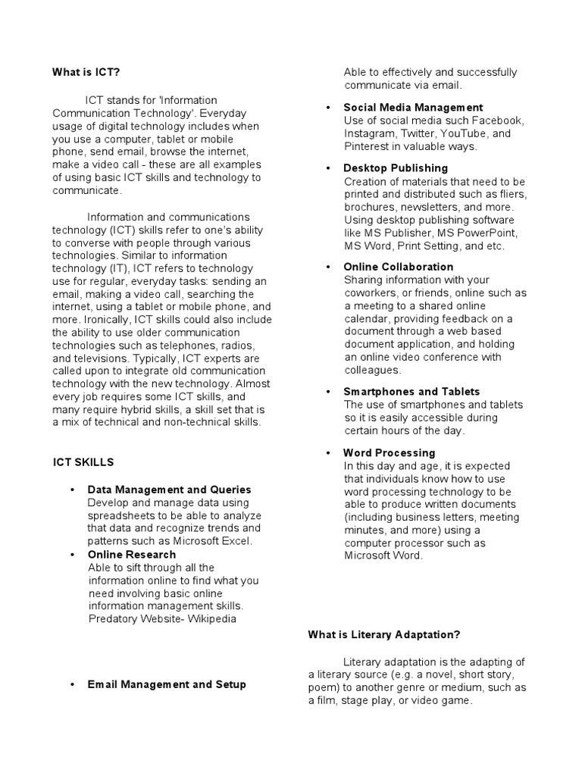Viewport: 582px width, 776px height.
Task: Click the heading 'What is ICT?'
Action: tap(86, 72)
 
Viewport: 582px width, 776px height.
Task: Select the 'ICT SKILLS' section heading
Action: tap(83, 462)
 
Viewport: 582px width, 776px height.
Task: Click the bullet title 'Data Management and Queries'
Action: tap(169, 490)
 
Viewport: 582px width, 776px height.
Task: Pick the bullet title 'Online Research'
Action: tap(131, 554)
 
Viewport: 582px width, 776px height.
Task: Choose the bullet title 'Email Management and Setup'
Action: tap(167, 684)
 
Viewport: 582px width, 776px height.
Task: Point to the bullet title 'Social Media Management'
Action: tap(413, 108)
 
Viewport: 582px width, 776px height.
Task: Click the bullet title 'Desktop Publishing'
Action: tap(396, 167)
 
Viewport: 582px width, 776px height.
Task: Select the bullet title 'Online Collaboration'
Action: tap(399, 267)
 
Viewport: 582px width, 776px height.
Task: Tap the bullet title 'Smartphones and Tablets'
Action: tap(411, 392)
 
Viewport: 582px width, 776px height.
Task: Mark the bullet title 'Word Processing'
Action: tap(390, 452)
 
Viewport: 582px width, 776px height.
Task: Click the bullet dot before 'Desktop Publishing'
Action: tap(327, 168)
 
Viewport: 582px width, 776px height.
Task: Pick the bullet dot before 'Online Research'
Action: tap(71, 555)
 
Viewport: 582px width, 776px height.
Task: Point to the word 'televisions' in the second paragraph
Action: tap(102, 358)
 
